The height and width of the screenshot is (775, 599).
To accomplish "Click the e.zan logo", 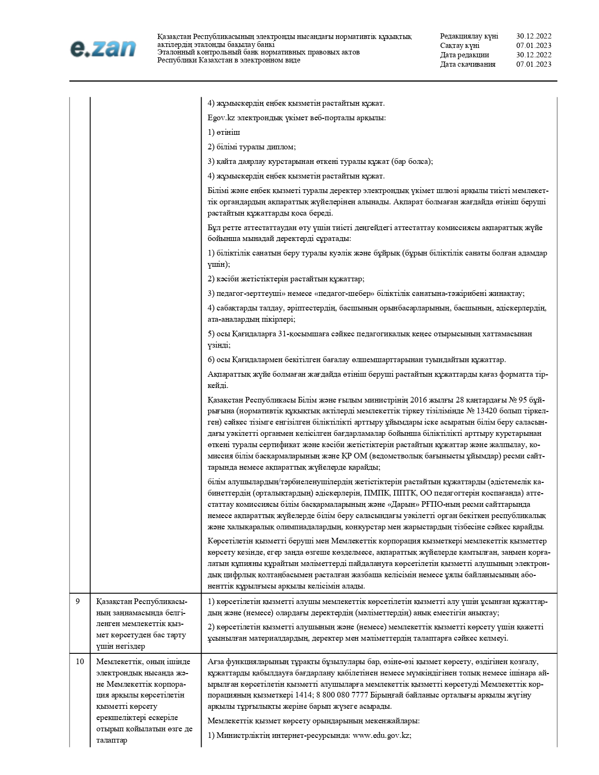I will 103,48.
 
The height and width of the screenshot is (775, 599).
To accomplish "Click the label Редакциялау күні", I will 469,36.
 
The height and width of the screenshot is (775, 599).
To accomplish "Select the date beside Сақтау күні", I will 534,46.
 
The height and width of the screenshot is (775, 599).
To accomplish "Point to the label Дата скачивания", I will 467,64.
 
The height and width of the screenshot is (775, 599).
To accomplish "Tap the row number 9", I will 78,601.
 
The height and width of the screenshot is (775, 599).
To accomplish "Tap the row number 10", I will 80,661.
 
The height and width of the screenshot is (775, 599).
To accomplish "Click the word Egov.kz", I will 221,117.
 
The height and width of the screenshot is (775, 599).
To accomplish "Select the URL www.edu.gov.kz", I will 382,736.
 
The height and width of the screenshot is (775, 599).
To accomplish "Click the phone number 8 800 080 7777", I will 345,695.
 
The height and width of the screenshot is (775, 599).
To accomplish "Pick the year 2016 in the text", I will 419,400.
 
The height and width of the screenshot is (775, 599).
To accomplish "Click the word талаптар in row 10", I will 111,740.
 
